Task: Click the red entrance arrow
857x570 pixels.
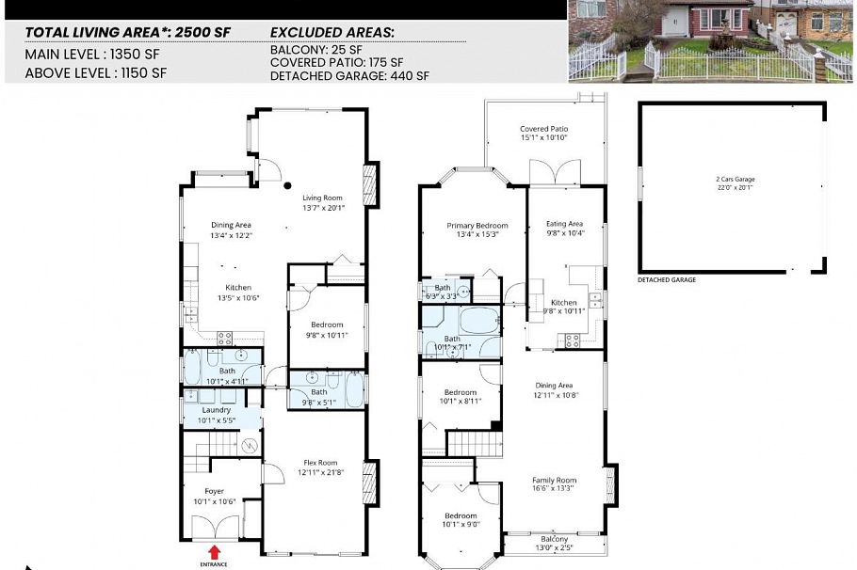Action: click(x=214, y=552)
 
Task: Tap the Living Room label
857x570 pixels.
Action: click(x=322, y=203)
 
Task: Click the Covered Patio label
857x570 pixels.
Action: click(x=543, y=134)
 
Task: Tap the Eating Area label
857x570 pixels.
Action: click(x=565, y=228)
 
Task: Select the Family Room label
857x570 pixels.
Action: click(x=554, y=484)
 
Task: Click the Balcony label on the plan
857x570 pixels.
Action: click(x=554, y=542)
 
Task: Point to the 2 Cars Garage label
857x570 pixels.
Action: click(x=735, y=182)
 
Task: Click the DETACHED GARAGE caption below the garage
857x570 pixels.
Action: click(x=667, y=280)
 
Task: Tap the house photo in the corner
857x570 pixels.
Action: click(x=712, y=41)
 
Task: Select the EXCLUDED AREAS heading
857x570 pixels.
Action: click(x=331, y=32)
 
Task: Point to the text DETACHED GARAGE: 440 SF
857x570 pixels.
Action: click(x=349, y=75)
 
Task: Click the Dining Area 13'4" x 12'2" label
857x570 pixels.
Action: click(x=231, y=230)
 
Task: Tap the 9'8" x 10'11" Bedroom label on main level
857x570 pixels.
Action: click(x=327, y=329)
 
